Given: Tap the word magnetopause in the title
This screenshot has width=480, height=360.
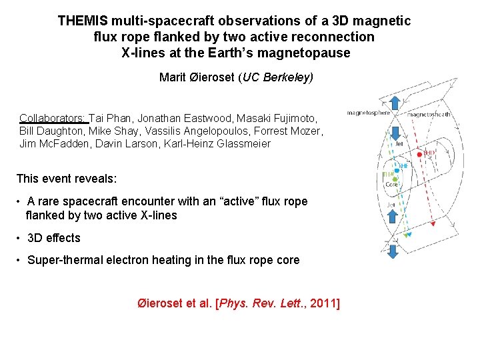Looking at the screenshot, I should coord(313,53).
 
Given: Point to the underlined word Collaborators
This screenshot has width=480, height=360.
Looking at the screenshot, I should coord(53,118).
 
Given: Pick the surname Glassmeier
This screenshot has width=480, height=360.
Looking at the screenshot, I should coord(244,143).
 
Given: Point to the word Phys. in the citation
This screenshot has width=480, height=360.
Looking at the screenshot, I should coord(233,304).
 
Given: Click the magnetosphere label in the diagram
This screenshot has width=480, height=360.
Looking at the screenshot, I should coord(368,113).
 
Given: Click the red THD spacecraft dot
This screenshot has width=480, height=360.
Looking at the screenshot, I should coord(419,155).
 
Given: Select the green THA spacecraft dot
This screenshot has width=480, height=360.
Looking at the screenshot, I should coord(395,179).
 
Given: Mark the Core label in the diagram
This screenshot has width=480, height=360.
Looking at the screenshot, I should coord(391,184).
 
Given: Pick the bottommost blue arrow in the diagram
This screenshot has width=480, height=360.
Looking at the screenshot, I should coord(393,251).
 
